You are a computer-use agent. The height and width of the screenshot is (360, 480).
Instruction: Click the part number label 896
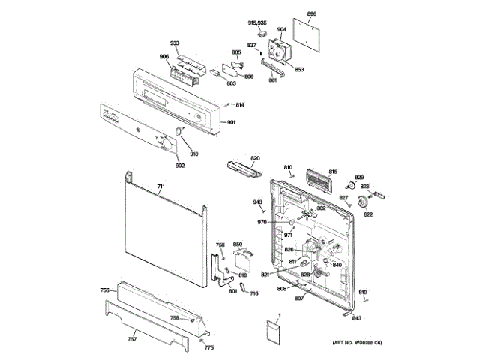click(312, 14)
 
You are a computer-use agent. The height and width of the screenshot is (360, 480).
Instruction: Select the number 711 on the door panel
click(160, 185)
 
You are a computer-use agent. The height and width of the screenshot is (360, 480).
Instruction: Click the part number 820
click(255, 158)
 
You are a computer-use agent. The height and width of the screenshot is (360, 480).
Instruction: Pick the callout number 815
click(333, 172)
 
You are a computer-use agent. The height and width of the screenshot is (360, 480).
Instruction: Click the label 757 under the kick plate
click(132, 339)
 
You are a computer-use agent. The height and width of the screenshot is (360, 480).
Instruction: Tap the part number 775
click(209, 347)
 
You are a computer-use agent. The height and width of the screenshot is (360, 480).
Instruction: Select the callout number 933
click(174, 44)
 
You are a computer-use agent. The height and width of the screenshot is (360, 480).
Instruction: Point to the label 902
click(159, 165)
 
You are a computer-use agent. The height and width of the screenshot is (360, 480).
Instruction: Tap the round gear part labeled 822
click(364, 201)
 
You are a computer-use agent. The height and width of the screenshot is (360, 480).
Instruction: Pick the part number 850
click(238, 244)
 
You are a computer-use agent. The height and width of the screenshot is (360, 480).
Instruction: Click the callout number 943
click(257, 202)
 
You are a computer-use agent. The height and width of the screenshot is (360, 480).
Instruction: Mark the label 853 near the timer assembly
click(298, 69)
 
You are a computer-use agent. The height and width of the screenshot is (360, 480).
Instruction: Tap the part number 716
click(253, 292)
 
